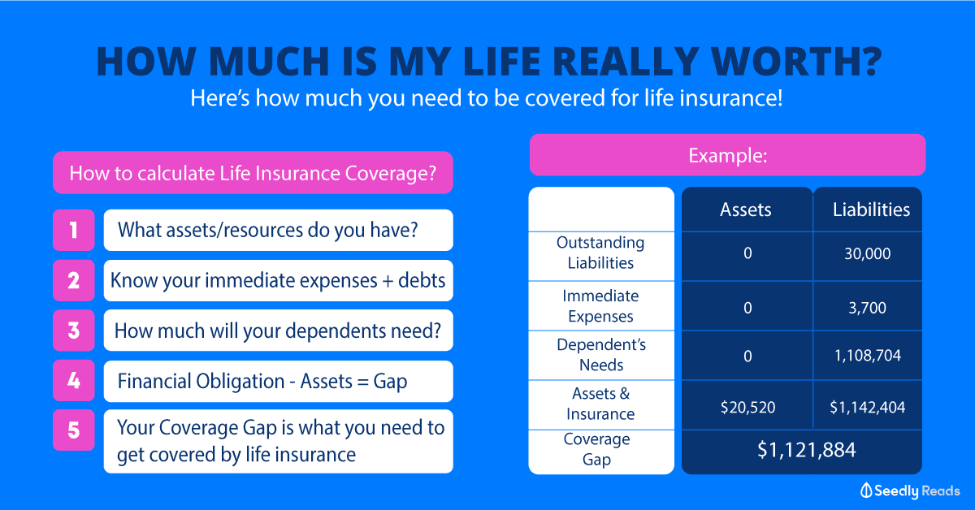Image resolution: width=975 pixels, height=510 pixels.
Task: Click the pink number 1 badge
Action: coord(74,230)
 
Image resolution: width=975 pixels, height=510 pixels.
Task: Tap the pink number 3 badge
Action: coord(74,331)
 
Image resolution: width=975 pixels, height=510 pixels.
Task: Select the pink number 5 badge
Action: coord(74,430)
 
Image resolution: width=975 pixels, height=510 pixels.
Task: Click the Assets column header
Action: coord(746,210)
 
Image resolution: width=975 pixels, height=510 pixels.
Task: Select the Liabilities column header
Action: coord(871,210)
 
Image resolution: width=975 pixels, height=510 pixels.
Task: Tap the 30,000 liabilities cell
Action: coord(868,253)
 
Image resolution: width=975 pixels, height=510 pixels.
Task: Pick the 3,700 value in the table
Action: coord(867,308)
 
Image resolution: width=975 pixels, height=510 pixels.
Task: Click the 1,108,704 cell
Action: coord(868,356)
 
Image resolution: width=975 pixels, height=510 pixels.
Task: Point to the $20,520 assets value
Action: coord(747,408)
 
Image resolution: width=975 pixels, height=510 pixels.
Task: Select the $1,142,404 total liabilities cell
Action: coord(867,408)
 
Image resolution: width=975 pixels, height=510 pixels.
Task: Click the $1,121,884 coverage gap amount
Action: coord(807,450)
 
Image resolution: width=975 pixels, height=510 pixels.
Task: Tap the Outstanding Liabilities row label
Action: coord(600,253)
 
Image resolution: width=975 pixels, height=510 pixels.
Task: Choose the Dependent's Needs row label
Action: coord(601,355)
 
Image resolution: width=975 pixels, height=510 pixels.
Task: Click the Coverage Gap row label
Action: coord(596,449)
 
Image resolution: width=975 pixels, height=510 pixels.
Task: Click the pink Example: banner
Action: coord(727,155)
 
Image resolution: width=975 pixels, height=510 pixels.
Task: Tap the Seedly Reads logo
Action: coord(910,491)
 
